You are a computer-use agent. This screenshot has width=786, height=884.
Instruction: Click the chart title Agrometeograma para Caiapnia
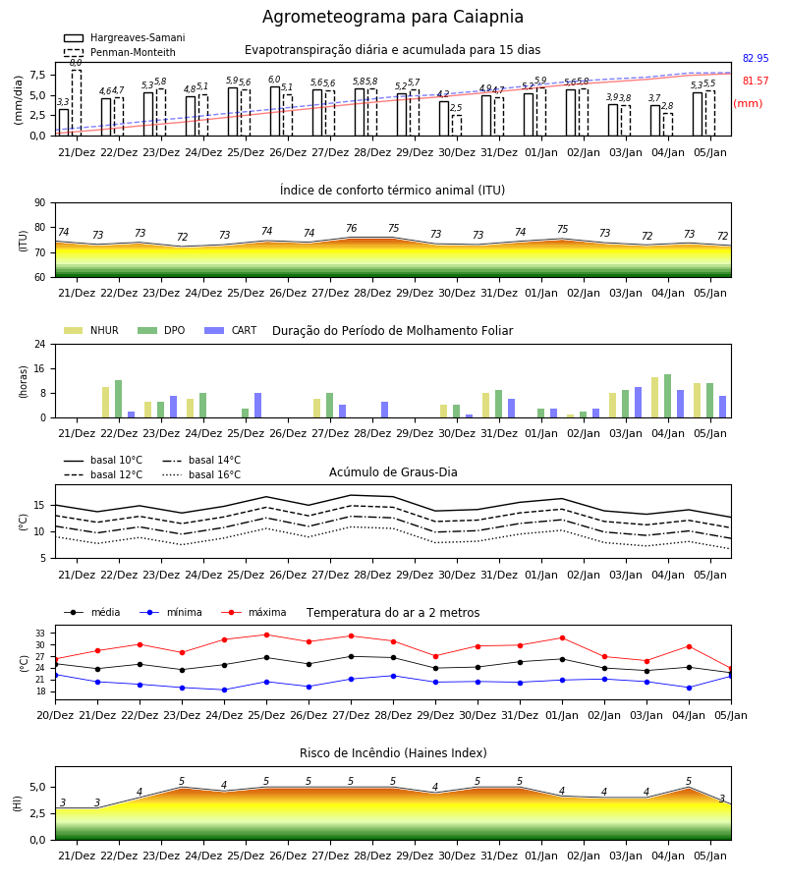tap(393, 17)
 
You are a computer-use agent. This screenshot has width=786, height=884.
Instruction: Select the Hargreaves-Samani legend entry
tap(124, 37)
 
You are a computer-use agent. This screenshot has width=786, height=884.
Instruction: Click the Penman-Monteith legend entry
tap(120, 52)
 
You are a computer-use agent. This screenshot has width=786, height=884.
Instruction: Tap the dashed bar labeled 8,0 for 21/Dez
tap(76, 102)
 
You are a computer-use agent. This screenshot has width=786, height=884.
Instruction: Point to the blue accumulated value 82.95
tap(756, 58)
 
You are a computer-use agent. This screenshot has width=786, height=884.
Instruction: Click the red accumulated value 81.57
tap(756, 81)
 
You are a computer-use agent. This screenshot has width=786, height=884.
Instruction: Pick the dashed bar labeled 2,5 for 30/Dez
tap(457, 125)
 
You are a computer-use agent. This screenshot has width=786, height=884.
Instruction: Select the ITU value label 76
tap(352, 228)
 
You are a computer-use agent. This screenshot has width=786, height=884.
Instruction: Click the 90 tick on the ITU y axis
tap(40, 203)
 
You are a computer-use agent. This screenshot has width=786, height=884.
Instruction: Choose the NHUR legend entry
tap(91, 330)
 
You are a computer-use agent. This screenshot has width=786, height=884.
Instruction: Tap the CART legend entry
tap(231, 330)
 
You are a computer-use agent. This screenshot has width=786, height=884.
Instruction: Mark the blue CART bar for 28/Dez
tap(384, 410)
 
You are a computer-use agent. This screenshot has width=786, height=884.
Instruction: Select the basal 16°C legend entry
tap(201, 474)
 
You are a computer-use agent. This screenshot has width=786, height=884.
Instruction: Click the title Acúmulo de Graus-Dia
tap(393, 471)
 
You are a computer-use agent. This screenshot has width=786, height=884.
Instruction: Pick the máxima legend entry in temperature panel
tap(253, 612)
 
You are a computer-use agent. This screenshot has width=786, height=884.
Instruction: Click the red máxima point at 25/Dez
tap(266, 635)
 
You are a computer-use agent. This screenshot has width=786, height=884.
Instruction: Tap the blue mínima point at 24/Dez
tap(224, 690)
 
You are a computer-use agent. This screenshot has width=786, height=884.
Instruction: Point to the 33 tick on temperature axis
tap(45, 634)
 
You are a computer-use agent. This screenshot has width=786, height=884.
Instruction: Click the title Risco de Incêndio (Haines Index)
tap(393, 752)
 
